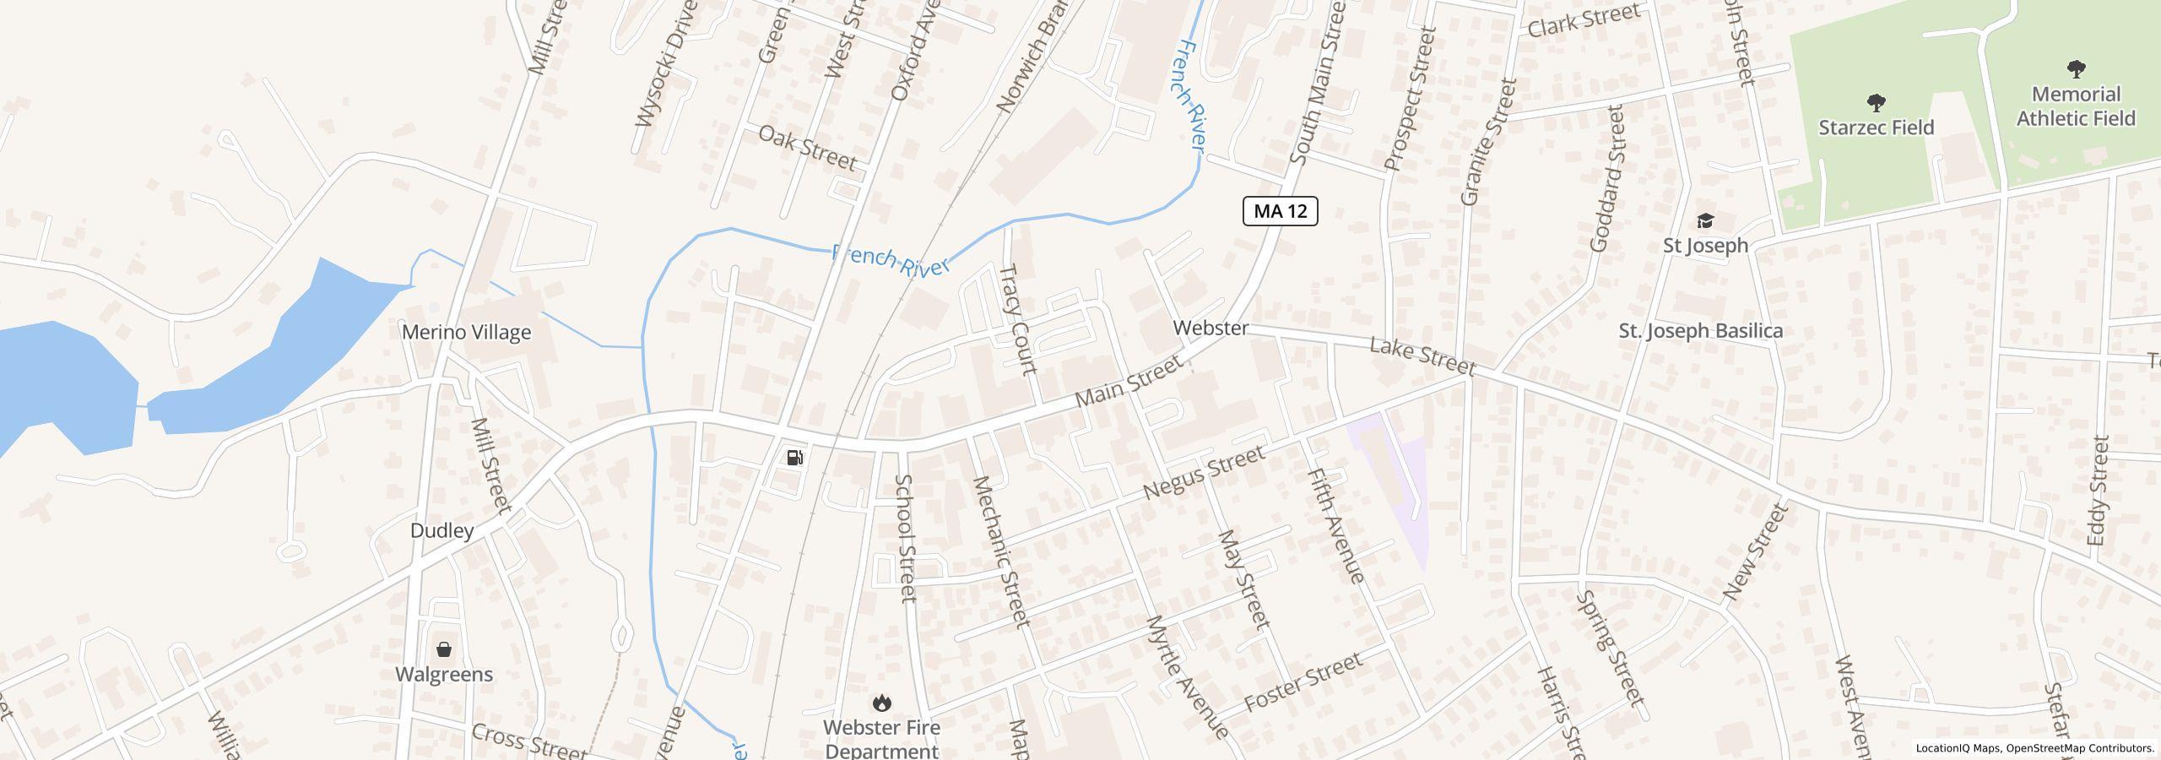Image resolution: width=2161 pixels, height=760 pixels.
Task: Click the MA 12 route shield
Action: point(1280,211)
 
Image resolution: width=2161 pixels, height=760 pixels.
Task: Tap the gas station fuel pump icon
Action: point(794,458)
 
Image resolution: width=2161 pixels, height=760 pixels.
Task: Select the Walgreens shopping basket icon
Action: point(444,649)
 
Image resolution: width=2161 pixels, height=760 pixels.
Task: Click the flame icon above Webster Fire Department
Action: point(881,703)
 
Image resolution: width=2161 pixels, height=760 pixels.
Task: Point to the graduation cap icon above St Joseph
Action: point(1705,221)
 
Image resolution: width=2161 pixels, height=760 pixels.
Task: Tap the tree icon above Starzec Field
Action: point(1876,103)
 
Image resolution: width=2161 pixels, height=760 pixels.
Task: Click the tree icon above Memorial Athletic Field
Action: point(2076,69)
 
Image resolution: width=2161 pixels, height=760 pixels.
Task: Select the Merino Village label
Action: point(466,332)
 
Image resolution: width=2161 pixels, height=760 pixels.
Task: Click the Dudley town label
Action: point(441,530)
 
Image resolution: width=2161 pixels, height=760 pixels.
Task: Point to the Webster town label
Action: point(1210,328)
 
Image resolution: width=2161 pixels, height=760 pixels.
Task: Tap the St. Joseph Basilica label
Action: point(1700,331)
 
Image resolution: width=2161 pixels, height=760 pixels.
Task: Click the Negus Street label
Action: point(1205,473)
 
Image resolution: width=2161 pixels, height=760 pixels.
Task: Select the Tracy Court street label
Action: point(1016,319)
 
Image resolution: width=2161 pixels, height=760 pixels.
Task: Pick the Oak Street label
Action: point(807,148)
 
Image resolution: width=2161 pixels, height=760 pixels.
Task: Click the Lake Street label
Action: point(1422,356)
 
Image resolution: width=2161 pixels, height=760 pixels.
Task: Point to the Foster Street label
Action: point(1303,681)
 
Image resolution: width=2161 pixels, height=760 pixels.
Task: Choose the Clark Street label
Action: point(1584,20)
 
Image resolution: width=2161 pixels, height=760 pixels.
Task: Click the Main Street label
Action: point(1129,383)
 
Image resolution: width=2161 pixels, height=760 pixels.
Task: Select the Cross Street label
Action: point(528,741)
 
